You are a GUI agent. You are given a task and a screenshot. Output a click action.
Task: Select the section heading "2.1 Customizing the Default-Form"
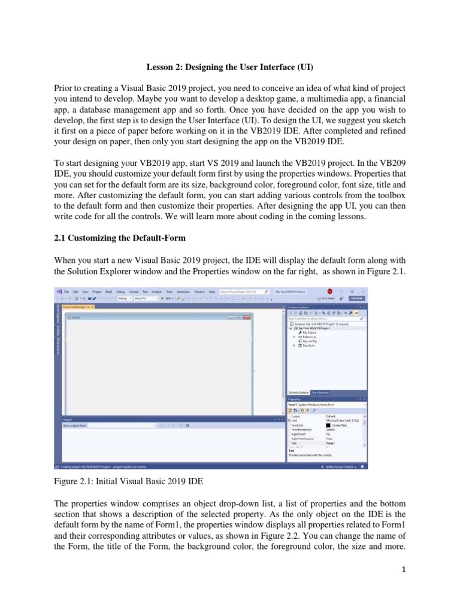120,238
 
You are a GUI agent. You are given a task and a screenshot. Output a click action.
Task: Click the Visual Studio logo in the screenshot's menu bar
59,292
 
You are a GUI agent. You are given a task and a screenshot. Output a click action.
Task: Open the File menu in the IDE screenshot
67,292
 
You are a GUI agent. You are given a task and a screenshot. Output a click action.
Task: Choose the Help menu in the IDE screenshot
211,292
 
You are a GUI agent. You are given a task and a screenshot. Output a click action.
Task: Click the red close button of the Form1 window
250,317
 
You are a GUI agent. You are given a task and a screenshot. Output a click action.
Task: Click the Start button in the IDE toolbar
168,298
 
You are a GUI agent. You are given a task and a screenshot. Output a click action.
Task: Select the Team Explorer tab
319,393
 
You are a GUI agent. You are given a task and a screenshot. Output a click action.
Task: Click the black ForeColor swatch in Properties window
328,425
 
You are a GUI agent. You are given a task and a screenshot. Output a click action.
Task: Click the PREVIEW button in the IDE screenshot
357,298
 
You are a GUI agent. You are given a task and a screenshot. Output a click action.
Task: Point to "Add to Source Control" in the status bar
340,466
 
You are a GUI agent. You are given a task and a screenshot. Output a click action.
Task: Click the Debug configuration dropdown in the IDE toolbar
124,298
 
